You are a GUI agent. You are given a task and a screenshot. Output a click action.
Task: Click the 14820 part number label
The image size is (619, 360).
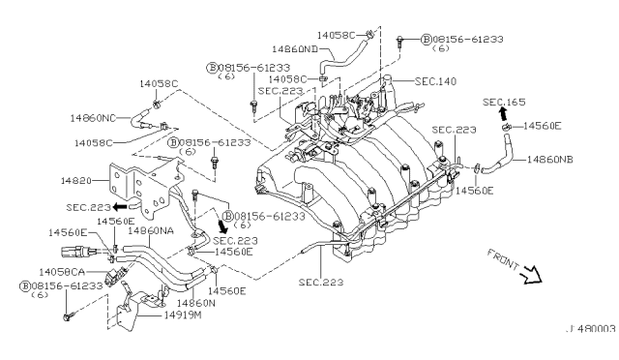click(75, 181)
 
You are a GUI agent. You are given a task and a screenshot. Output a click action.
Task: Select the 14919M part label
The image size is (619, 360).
click(183, 315)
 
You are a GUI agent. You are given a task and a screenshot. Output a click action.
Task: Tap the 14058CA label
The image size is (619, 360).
click(62, 272)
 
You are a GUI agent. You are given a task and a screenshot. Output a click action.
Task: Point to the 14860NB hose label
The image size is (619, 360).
click(549, 160)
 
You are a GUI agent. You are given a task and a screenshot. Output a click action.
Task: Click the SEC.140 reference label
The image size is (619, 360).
click(435, 81)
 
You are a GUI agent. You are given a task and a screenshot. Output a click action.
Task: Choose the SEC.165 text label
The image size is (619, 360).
click(504, 102)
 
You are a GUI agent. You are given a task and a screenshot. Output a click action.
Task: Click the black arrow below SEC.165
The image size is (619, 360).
click(503, 114)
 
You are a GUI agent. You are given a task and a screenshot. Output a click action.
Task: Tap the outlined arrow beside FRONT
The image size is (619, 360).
click(532, 275)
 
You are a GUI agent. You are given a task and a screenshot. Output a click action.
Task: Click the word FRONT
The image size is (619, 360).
click(503, 259)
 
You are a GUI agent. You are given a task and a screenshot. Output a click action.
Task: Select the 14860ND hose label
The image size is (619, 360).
click(295, 49)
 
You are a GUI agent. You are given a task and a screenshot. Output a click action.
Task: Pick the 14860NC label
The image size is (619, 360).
click(93, 118)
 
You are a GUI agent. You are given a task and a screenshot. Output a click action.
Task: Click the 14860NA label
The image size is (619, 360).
click(151, 230)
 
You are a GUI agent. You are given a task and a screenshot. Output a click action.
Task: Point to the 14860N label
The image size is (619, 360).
click(195, 303)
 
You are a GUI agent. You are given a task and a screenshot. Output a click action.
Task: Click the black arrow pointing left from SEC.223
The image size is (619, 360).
click(120, 207)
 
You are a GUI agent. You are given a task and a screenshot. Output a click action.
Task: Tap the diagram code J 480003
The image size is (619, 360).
click(591, 329)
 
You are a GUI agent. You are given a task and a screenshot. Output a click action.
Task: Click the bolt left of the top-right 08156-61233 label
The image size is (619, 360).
click(399, 41)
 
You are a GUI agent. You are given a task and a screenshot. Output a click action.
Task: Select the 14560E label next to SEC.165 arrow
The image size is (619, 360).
click(542, 126)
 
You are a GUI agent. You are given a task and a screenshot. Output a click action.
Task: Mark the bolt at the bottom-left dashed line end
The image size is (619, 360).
click(68, 316)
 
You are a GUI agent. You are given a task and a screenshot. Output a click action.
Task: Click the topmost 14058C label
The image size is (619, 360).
click(336, 36)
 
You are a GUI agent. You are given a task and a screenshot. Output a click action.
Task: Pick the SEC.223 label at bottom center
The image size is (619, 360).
click(321, 283)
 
